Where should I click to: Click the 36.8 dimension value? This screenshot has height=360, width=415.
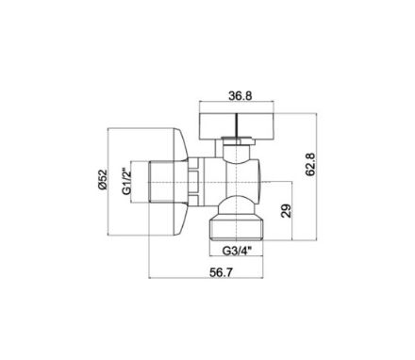tap(241, 95)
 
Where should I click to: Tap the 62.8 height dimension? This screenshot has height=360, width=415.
tap(311, 164)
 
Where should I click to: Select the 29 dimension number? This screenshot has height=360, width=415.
tap(287, 211)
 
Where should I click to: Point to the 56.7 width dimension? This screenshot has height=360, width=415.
tap(222, 272)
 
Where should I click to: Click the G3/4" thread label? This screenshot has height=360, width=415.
tap(237, 251)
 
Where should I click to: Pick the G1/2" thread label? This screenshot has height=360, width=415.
tap(126, 182)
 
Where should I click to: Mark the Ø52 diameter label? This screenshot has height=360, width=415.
tap(103, 179)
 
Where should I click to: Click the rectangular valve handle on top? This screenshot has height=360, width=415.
tap(237, 126)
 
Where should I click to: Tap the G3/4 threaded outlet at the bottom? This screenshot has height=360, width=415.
tap(236, 230)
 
